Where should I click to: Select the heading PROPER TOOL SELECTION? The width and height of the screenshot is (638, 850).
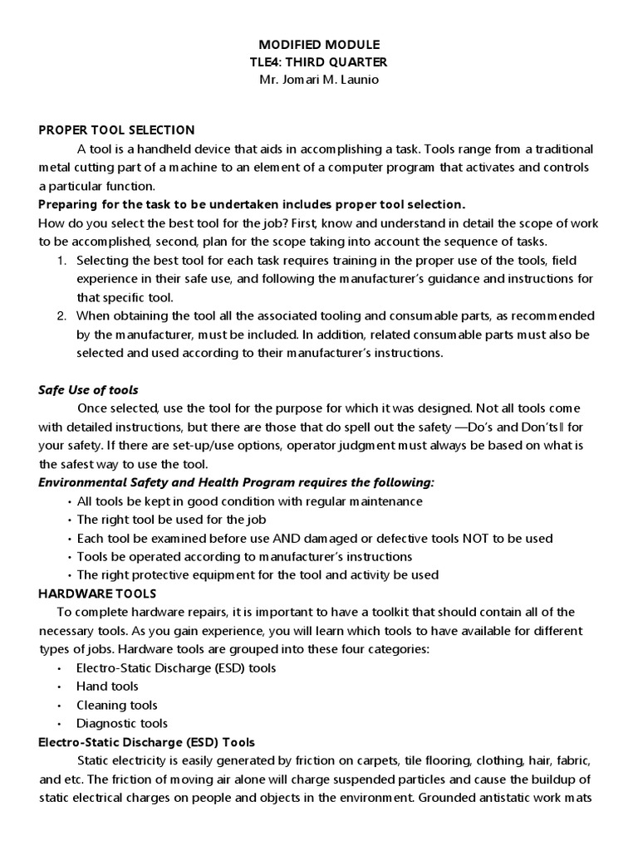(x=116, y=129)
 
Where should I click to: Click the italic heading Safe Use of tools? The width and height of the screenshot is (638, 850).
(x=89, y=389)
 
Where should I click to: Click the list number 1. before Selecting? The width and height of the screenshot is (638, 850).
(x=61, y=260)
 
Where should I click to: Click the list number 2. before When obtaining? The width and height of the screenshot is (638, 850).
(x=61, y=315)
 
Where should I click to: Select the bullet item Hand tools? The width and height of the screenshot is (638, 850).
(x=107, y=686)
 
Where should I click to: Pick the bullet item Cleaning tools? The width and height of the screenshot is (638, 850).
(x=116, y=705)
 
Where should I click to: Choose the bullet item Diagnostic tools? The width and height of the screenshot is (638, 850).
(x=121, y=723)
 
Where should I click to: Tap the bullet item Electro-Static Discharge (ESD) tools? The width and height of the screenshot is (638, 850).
(x=176, y=667)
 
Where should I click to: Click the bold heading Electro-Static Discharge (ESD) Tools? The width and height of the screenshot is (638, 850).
(x=147, y=741)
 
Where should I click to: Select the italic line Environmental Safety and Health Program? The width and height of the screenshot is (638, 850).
(x=237, y=482)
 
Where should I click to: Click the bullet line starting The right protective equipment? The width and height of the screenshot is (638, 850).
(x=258, y=574)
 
